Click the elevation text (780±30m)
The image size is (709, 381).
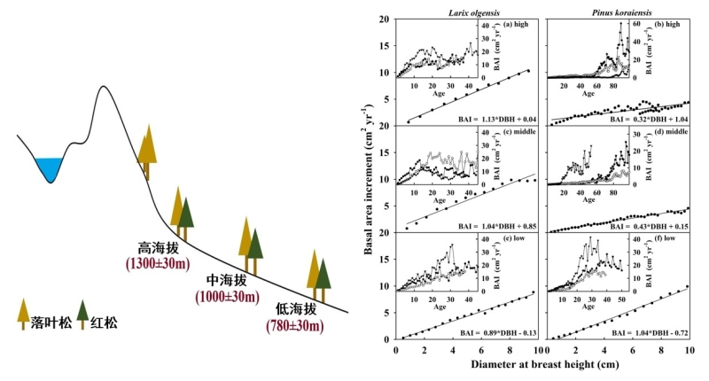click(x=295, y=325)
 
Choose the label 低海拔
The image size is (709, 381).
click(x=295, y=309)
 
